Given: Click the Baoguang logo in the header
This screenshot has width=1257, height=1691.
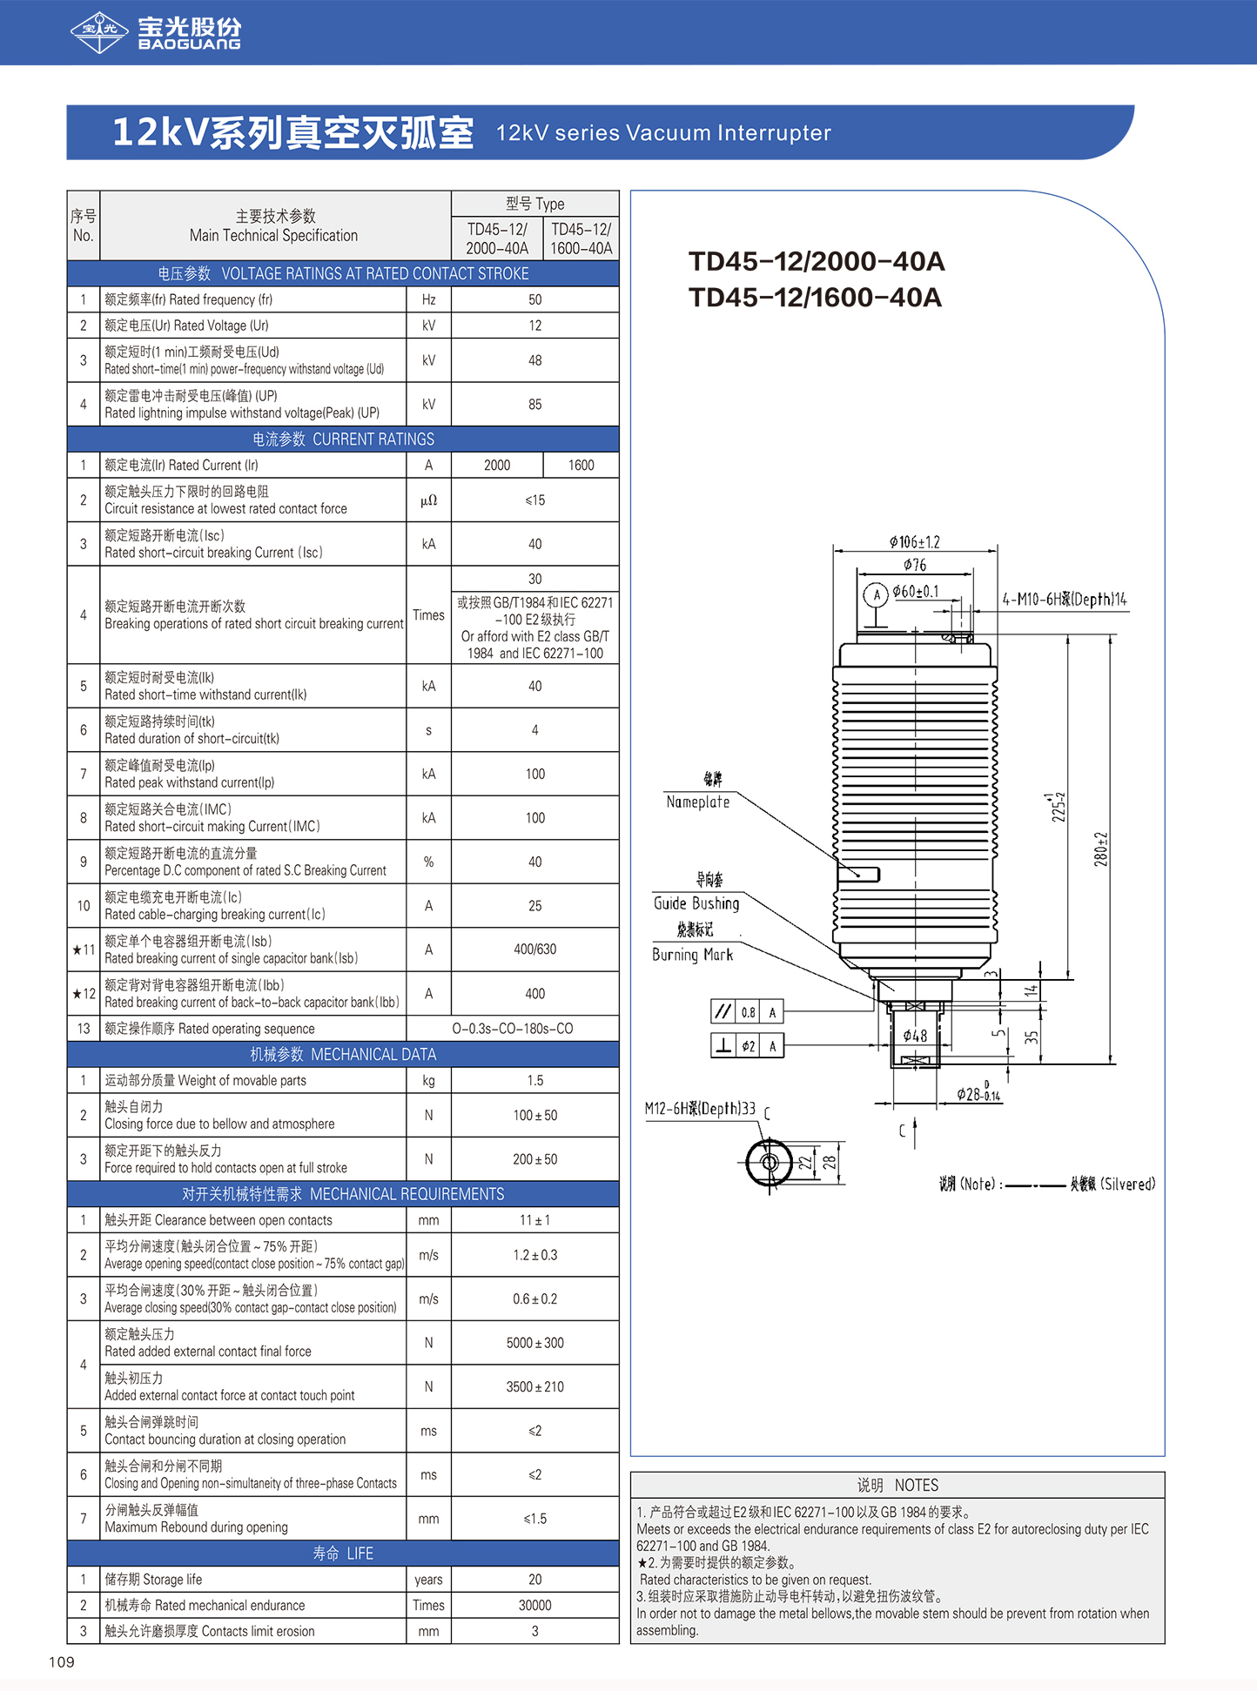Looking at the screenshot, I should (x=155, y=32).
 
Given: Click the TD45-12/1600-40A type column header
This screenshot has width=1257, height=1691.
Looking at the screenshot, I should (x=581, y=238).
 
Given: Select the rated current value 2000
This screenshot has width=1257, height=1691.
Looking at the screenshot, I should (x=497, y=466).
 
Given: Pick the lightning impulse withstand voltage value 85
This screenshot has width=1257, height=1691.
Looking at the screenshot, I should (x=534, y=405).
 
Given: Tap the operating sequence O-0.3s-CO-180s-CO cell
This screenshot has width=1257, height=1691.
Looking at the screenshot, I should (x=512, y=1029).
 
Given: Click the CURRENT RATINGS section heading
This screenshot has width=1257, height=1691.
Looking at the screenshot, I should (x=343, y=440).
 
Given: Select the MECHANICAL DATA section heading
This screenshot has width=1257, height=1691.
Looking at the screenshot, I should (x=343, y=1055).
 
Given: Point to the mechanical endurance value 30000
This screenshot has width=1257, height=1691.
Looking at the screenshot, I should (x=534, y=1606).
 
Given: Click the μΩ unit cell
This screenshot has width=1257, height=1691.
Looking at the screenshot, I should (x=428, y=500).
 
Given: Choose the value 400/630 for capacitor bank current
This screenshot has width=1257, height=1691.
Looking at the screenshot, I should (x=534, y=950).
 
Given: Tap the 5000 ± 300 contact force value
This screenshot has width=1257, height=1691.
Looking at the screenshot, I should (x=534, y=1343).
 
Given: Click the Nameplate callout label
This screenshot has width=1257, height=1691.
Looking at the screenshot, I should (x=697, y=802).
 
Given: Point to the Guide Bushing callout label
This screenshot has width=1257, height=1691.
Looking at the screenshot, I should (x=696, y=903).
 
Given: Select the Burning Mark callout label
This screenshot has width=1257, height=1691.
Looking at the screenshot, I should (x=692, y=955).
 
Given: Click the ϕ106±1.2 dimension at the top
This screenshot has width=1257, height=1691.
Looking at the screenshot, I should (x=914, y=542).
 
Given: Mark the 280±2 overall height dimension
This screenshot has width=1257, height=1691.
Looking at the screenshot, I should (x=1101, y=849).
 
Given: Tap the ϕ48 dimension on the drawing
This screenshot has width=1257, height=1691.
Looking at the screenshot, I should (x=915, y=1036).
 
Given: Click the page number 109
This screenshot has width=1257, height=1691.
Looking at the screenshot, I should (x=62, y=1662).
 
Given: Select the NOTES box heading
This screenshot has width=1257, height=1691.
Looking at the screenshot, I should (x=897, y=1485).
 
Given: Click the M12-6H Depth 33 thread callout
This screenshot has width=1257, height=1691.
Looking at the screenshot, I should (x=700, y=1109).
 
